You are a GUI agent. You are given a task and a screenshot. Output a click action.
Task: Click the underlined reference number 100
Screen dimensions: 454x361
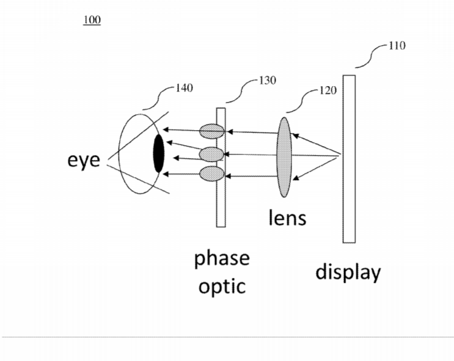[x=92, y=20]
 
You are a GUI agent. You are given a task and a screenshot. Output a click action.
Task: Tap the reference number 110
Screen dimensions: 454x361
[x=397, y=46]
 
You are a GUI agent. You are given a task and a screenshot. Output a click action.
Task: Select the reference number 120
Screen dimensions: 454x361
[x=328, y=90]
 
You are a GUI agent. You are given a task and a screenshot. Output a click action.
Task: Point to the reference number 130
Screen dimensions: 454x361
[x=267, y=81]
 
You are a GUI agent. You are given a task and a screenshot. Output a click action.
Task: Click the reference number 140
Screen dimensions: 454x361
[x=184, y=88]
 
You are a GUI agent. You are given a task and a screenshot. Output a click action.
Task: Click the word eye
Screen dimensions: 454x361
[x=84, y=160]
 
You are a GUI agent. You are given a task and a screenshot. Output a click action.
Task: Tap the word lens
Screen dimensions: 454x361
[x=287, y=217]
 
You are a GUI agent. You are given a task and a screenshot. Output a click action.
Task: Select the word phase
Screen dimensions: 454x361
[x=222, y=258]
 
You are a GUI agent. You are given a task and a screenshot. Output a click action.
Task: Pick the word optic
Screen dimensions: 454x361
[x=222, y=286]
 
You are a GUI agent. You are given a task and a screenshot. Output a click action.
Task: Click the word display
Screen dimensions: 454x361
[x=348, y=272]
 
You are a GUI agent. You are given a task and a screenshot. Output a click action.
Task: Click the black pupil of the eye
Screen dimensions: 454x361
[x=158, y=153]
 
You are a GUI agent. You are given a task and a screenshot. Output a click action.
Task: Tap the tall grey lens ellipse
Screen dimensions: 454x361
[x=284, y=157]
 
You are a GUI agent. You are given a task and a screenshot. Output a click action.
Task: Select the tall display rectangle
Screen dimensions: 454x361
[x=349, y=159]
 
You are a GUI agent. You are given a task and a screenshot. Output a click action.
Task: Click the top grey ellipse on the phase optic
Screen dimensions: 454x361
[x=212, y=131]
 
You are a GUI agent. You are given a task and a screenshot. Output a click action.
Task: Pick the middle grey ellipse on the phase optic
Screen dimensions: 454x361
[x=211, y=154]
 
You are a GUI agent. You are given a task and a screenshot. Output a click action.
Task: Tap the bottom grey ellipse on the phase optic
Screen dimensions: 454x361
[x=212, y=173]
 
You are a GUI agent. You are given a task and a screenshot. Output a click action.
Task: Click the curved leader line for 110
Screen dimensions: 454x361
[x=372, y=57]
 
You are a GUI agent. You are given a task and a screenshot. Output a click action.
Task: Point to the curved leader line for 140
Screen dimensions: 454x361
[x=159, y=98]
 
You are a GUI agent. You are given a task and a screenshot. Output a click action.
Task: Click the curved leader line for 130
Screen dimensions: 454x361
[x=241, y=91]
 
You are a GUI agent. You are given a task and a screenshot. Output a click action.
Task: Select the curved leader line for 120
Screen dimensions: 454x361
[x=302, y=101]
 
